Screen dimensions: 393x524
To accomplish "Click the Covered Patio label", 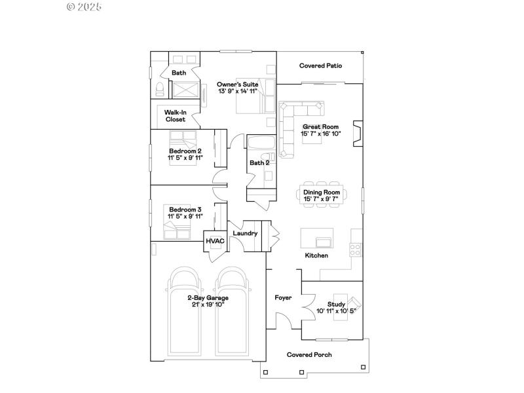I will pyautogui.click(x=320, y=66).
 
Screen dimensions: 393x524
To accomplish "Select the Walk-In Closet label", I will pyautogui.click(x=175, y=116).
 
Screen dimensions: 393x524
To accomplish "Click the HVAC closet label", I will pyautogui.click(x=215, y=241).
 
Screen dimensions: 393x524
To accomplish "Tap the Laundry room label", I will pyautogui.click(x=245, y=233).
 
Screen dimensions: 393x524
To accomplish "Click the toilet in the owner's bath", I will pyautogui.click(x=159, y=90).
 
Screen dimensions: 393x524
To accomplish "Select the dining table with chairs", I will pyautogui.click(x=321, y=194).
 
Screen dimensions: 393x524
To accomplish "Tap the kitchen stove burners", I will pyautogui.click(x=356, y=249).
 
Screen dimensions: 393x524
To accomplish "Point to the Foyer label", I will pyautogui.click(x=283, y=298).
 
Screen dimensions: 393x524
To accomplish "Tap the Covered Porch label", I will pyautogui.click(x=309, y=355).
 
